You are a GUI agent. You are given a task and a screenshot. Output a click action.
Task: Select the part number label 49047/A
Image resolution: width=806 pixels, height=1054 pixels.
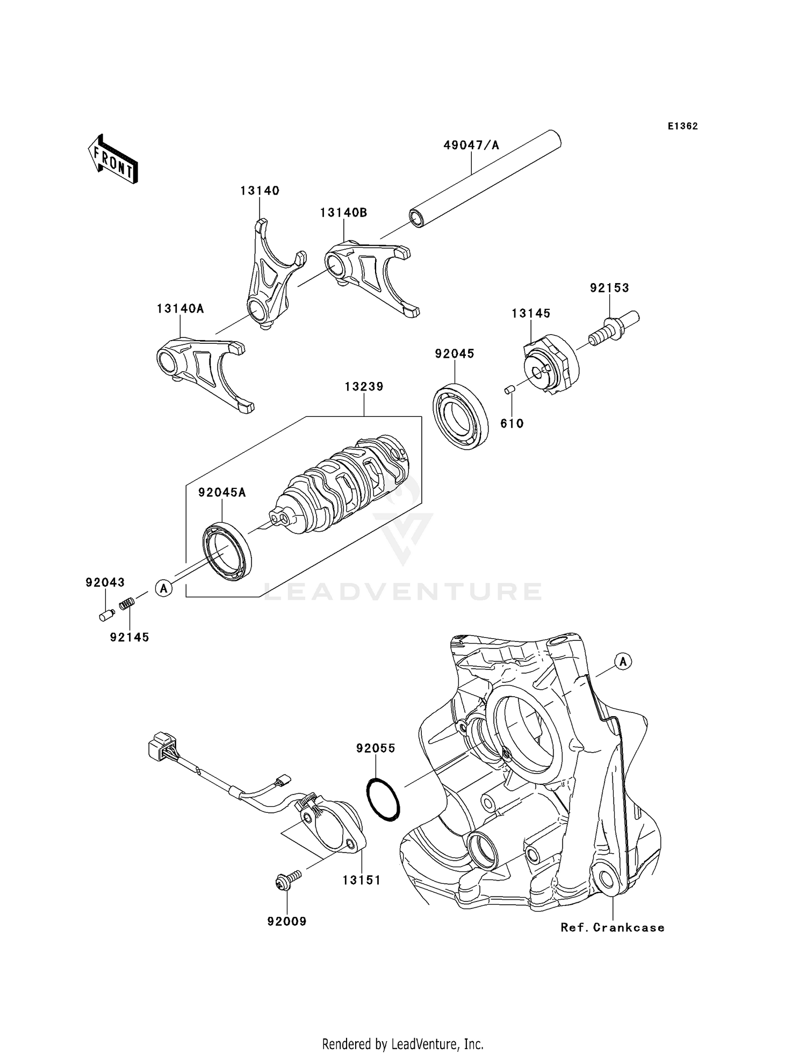(471, 145)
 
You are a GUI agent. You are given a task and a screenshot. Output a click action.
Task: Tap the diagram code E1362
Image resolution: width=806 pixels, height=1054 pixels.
(683, 126)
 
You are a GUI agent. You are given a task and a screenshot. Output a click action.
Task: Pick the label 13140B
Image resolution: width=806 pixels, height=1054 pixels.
(343, 213)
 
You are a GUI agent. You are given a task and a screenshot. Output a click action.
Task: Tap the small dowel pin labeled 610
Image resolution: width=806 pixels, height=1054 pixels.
(510, 389)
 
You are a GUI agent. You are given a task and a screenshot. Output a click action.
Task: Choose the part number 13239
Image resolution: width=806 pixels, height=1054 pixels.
(364, 387)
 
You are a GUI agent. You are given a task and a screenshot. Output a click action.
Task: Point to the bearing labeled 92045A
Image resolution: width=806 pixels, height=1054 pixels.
(227, 551)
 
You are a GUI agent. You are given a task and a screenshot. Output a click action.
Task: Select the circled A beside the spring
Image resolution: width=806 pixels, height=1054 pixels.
(164, 588)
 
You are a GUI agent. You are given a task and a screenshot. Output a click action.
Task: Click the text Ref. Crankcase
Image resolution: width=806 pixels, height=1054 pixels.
(612, 928)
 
